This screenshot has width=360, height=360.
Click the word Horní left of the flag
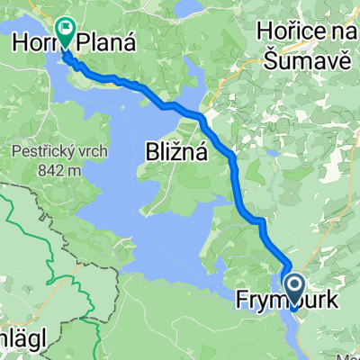[34, 40]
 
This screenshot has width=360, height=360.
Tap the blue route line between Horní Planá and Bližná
[135, 85]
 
